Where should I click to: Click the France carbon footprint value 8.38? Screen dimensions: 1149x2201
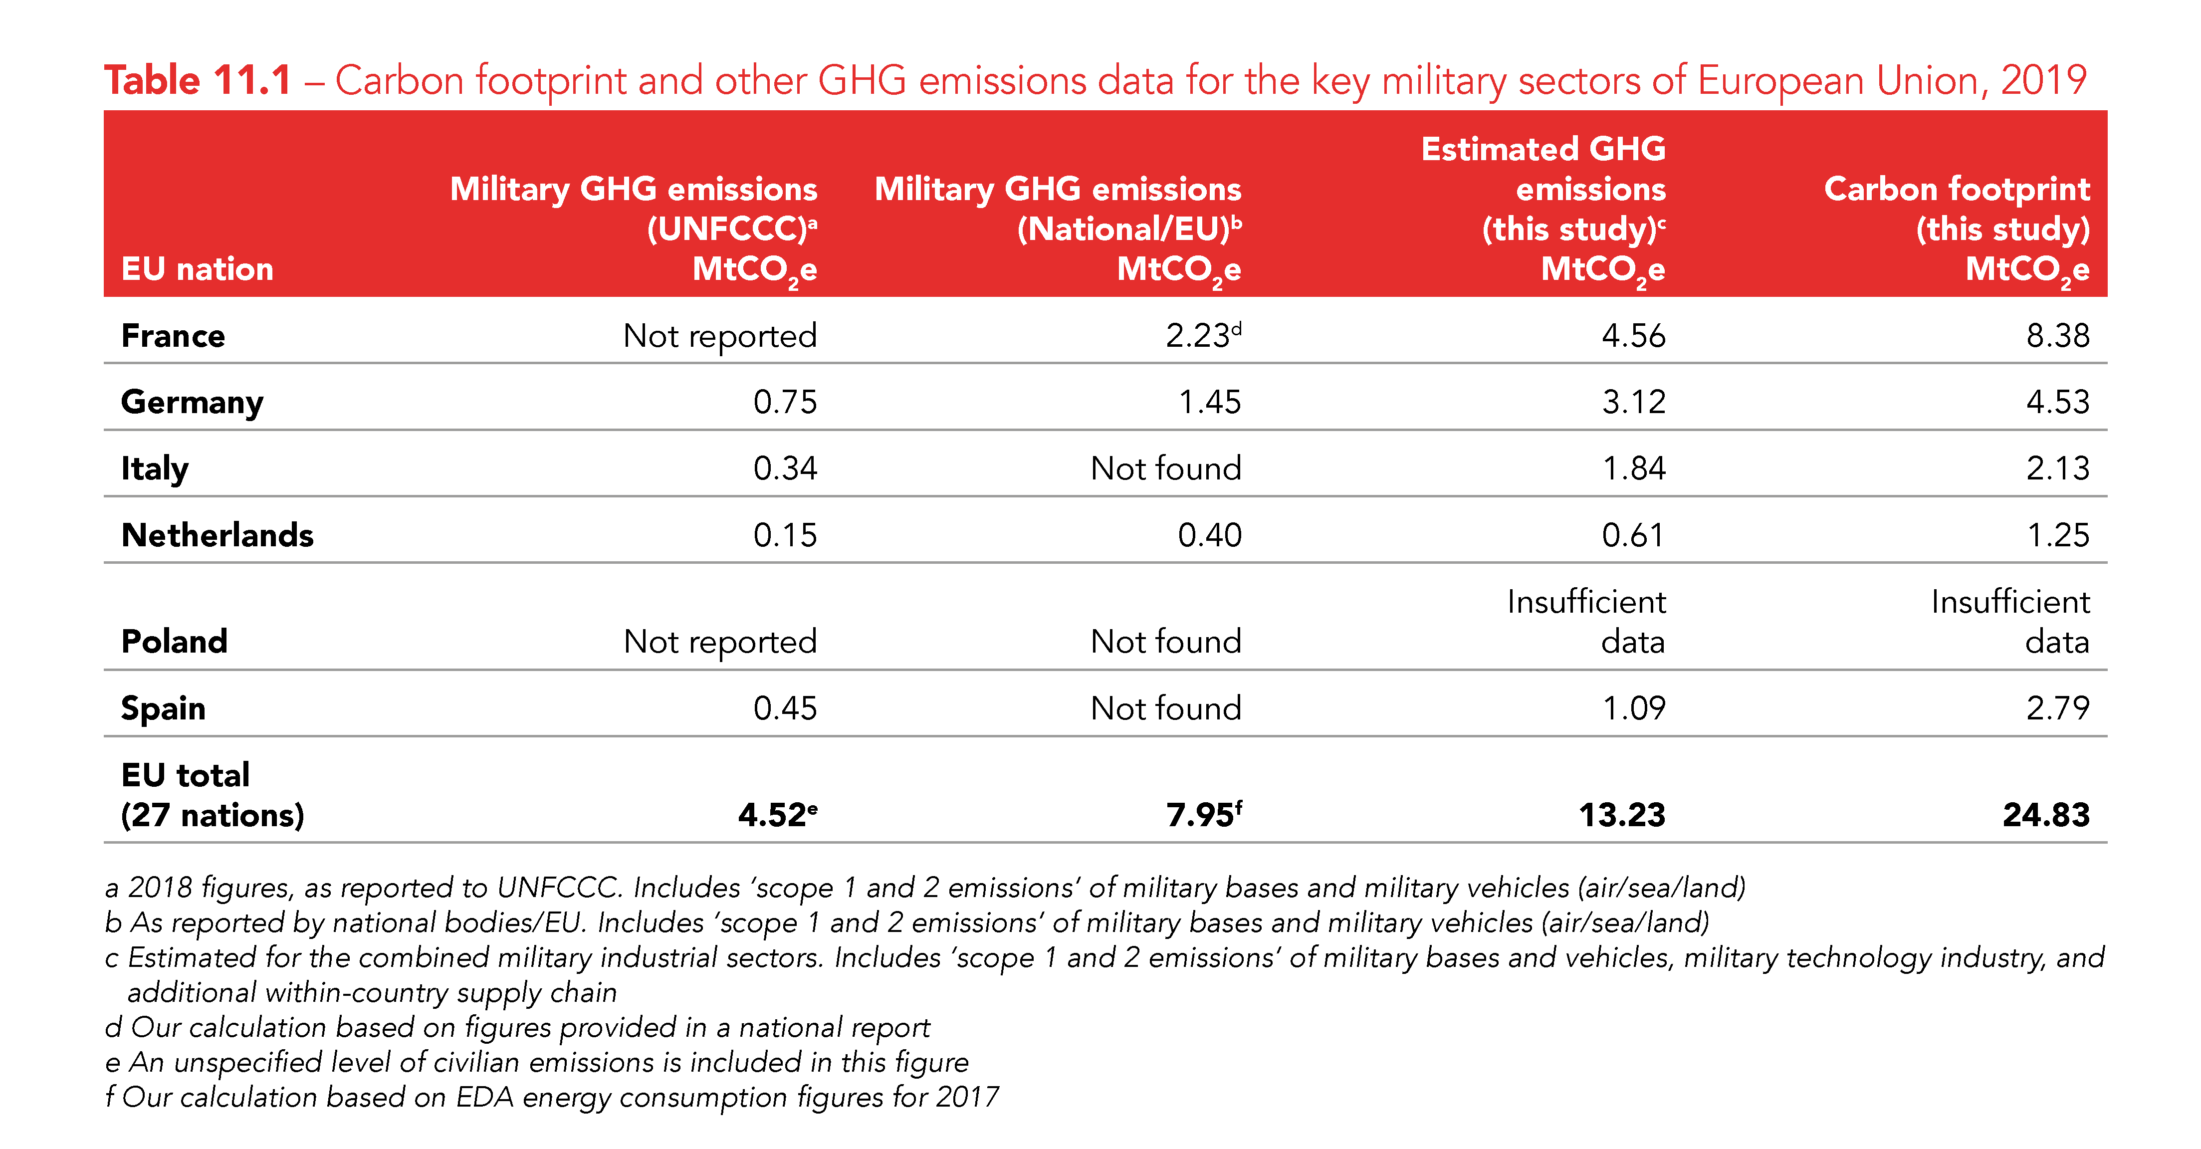pyautogui.click(x=2057, y=336)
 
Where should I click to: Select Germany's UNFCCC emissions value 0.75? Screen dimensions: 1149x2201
pyautogui.click(x=784, y=402)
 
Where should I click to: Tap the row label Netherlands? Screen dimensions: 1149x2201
pyautogui.click(x=217, y=535)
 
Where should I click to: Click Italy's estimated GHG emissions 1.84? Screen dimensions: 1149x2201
pyautogui.click(x=1633, y=468)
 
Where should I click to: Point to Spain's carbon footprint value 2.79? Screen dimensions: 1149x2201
pyautogui.click(x=2057, y=708)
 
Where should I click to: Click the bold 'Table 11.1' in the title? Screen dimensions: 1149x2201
pyautogui.click(x=198, y=80)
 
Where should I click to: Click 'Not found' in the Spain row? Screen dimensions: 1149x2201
pyautogui.click(x=1165, y=708)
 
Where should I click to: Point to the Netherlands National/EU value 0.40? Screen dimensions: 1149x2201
pyautogui.click(x=1209, y=535)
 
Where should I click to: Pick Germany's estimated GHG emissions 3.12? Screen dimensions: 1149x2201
pyautogui.click(x=1633, y=402)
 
